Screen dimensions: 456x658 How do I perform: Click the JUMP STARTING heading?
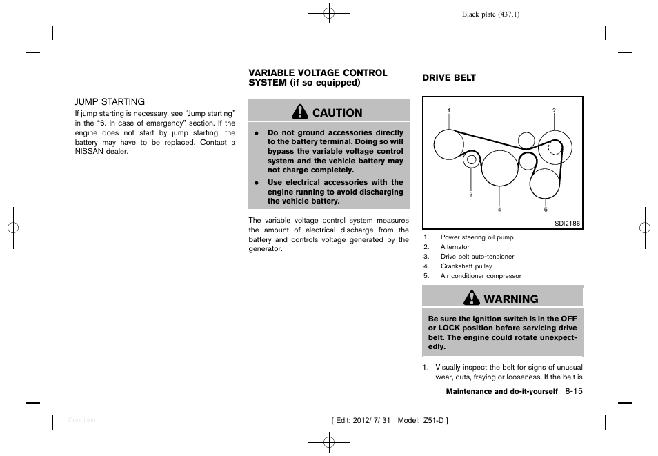point(110,101)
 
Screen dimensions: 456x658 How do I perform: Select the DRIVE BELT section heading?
point(449,78)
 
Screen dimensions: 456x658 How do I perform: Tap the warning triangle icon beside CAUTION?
point(300,112)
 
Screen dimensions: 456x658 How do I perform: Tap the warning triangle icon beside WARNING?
point(472,298)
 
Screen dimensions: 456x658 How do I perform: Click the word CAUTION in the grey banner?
point(337,112)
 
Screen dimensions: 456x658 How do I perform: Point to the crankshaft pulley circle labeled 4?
point(499,169)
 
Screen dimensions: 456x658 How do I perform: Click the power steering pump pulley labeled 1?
point(450,145)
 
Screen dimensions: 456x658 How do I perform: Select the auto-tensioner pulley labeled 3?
point(471,160)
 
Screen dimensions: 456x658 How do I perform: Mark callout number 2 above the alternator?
point(554,110)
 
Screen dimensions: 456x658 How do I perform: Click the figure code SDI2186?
point(566,223)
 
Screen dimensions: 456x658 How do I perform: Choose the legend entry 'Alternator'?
point(455,247)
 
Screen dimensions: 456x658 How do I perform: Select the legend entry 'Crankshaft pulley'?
point(466,266)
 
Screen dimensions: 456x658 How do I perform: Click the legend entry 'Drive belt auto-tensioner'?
point(477,257)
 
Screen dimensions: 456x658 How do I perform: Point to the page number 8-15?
point(574,391)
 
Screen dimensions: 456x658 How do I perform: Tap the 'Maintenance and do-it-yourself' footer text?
point(501,392)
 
